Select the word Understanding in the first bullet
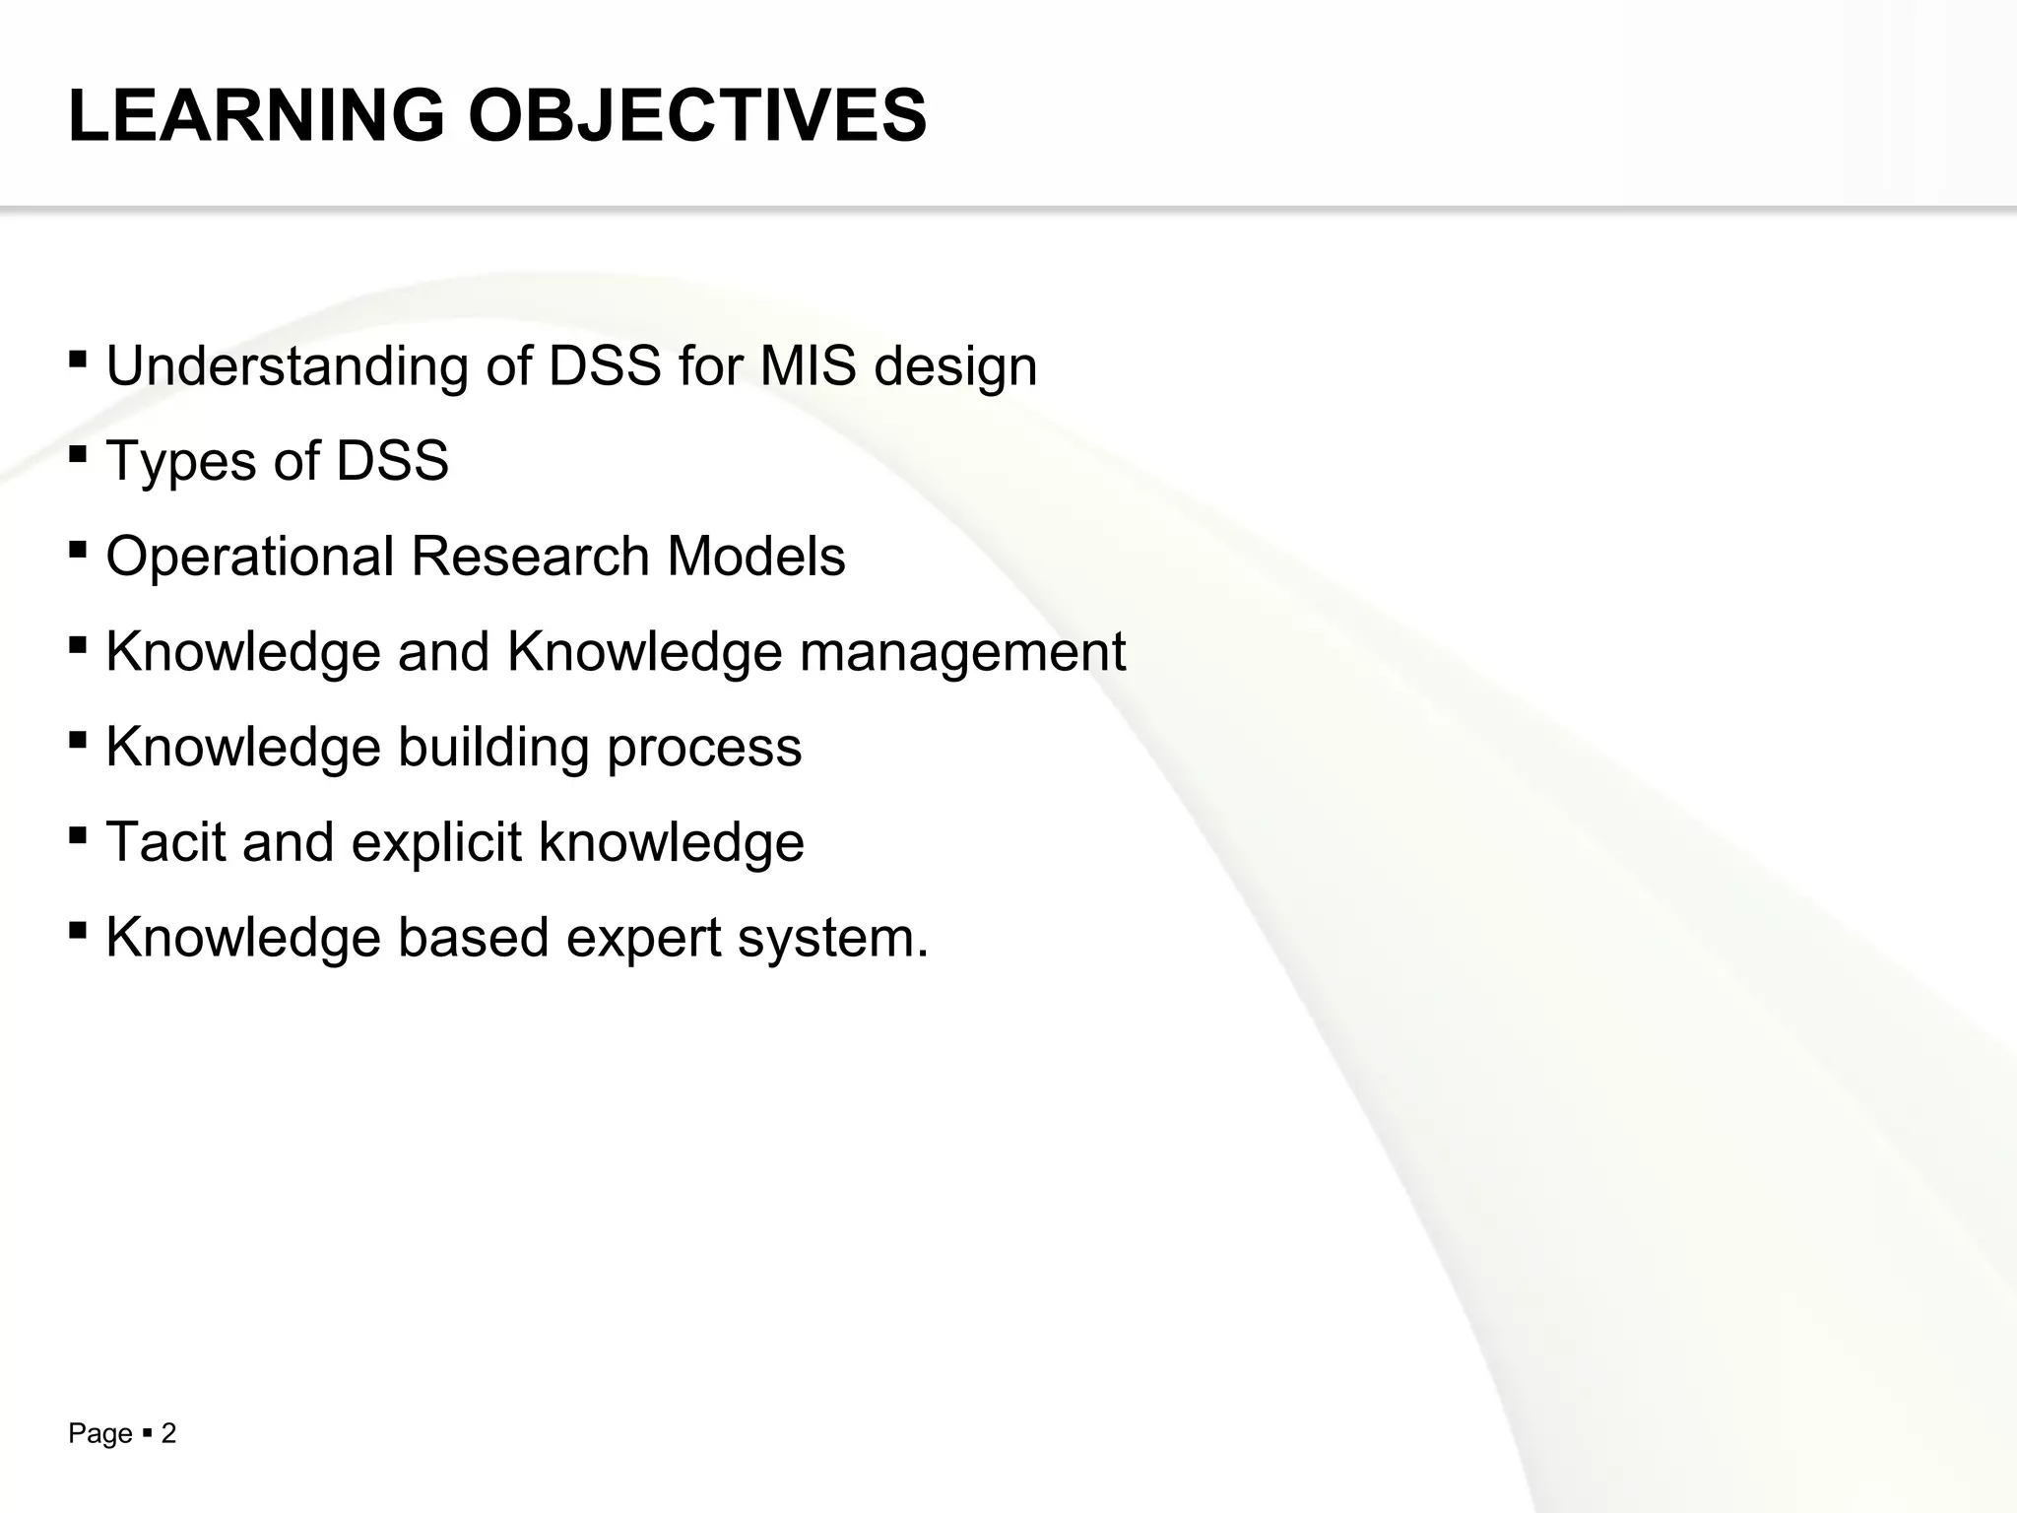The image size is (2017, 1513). coord(287,366)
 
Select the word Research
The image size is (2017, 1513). coord(530,558)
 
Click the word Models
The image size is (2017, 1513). coord(755,558)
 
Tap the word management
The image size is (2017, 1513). coord(962,653)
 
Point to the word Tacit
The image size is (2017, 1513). coord(165,842)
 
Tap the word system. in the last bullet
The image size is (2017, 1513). coord(833,939)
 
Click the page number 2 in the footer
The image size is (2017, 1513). coord(168,1434)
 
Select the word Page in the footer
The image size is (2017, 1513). coord(99,1434)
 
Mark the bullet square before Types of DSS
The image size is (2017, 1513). coord(78,453)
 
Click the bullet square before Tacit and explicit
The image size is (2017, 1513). coord(78,833)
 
